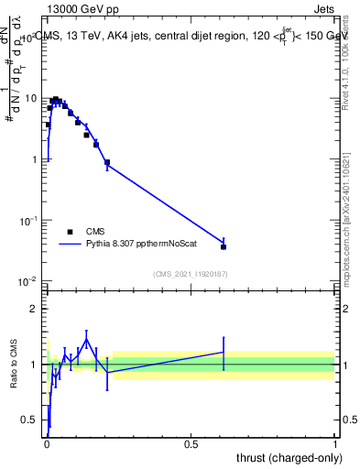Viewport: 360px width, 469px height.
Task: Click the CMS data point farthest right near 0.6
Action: click(x=224, y=246)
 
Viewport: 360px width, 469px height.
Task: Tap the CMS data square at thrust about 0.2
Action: click(x=107, y=162)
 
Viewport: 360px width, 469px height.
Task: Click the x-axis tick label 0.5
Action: click(x=191, y=443)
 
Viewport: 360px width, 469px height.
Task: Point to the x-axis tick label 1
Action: click(x=336, y=443)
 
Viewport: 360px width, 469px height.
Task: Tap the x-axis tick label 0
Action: click(x=47, y=443)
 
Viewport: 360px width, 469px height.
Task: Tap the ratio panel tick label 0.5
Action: click(x=30, y=420)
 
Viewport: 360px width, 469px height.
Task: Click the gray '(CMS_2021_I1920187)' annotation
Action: click(x=191, y=273)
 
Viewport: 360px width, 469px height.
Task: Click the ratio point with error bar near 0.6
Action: click(x=224, y=352)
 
